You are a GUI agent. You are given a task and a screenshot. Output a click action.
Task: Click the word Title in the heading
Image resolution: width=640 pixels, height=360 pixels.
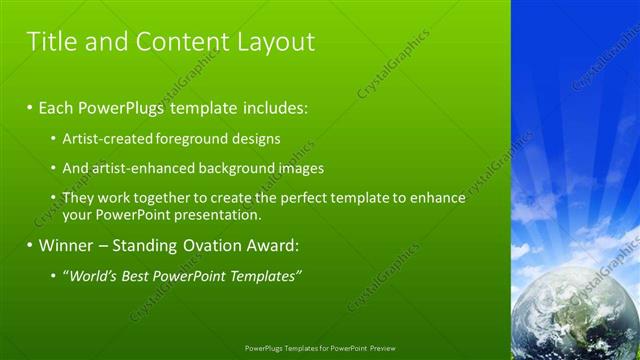[49, 42]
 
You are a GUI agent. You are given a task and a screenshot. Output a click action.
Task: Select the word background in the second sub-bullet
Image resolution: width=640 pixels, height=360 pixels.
[233, 169]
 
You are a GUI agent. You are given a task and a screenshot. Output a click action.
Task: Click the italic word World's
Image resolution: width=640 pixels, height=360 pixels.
[91, 275]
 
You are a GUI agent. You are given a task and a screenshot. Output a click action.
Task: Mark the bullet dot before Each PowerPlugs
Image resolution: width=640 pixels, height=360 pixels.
[30, 106]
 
